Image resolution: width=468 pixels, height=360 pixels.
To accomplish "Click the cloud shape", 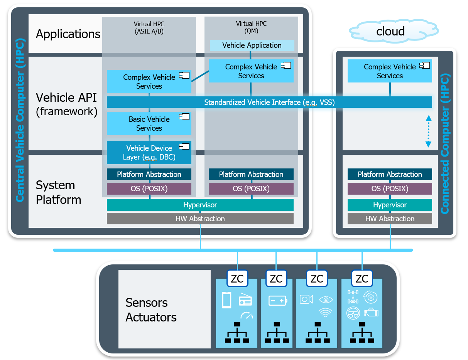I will tap(390, 31).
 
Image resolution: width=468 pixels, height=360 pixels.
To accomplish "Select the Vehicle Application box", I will tap(252, 45).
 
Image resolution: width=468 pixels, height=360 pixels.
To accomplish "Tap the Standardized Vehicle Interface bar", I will tap(269, 102).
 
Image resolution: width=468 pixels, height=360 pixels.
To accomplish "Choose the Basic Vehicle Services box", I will tap(149, 124).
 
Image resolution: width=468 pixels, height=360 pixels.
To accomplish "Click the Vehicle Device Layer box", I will tap(149, 153).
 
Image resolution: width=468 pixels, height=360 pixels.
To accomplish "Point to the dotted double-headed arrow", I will tap(428, 131).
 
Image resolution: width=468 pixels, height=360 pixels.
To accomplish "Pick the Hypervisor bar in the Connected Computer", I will tap(390, 205).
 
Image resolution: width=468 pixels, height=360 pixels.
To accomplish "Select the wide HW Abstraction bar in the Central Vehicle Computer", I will tap(200, 219).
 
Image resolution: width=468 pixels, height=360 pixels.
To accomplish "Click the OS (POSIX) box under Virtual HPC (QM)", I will tap(251, 188).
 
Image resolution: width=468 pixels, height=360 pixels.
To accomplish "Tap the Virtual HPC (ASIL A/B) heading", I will tap(149, 27).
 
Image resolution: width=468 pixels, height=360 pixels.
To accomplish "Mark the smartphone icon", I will tap(226, 300).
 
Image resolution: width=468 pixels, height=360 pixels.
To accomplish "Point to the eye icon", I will tap(326, 299).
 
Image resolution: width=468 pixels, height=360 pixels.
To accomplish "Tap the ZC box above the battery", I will tap(276, 279).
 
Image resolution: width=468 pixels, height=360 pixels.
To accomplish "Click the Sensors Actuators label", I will tap(151, 310).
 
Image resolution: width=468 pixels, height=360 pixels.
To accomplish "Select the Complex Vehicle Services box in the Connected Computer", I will tap(390, 71).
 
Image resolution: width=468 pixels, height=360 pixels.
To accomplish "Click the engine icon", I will tap(371, 312).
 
